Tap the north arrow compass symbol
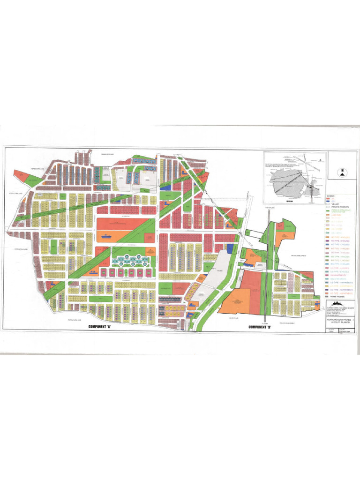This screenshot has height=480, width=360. coord(343,172)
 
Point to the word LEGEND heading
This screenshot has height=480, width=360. coord(331,195)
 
